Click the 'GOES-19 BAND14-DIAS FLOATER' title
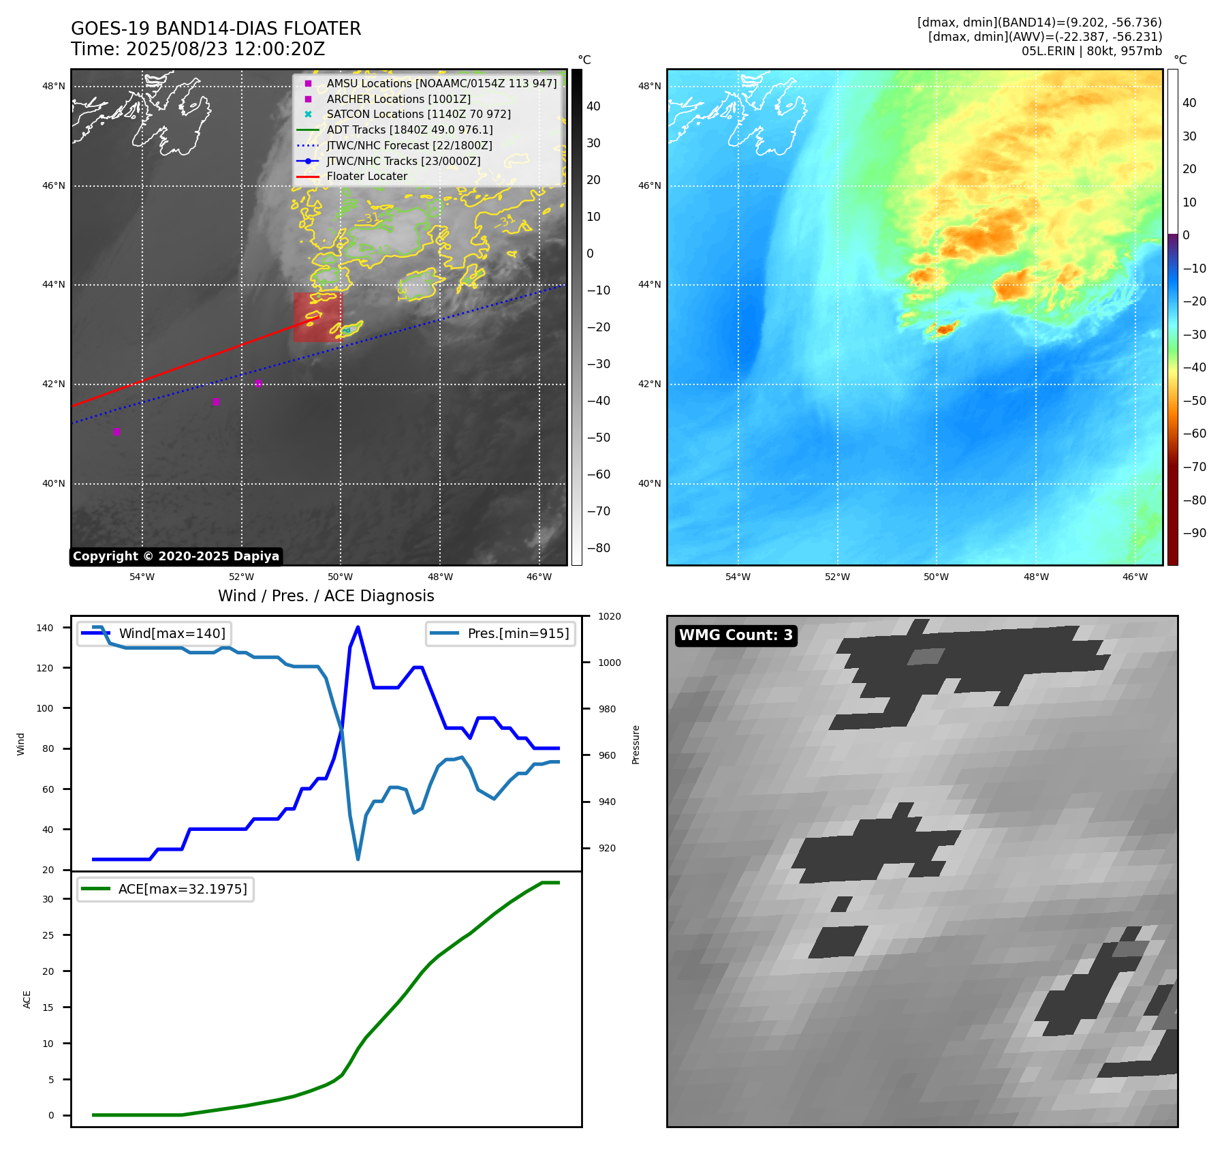click(216, 29)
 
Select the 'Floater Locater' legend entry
click(366, 177)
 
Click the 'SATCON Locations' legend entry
click(418, 115)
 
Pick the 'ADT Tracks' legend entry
click(409, 130)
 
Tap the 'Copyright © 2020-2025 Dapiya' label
click(176, 556)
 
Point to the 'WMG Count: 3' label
click(736, 635)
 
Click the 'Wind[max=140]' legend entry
click(172, 633)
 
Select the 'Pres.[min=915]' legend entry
click(518, 633)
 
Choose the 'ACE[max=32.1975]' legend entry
click(182, 889)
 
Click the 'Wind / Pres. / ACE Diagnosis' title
click(326, 596)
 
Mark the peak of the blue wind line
click(358, 627)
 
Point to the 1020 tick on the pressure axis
click(609, 616)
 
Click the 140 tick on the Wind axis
click(45, 628)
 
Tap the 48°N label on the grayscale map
click(54, 87)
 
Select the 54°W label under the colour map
click(738, 577)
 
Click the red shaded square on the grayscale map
click(317, 317)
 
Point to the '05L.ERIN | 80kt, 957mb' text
click(1091, 51)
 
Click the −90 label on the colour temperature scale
click(1194, 533)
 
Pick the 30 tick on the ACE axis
click(48, 899)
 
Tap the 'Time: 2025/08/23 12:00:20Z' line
click(198, 49)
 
